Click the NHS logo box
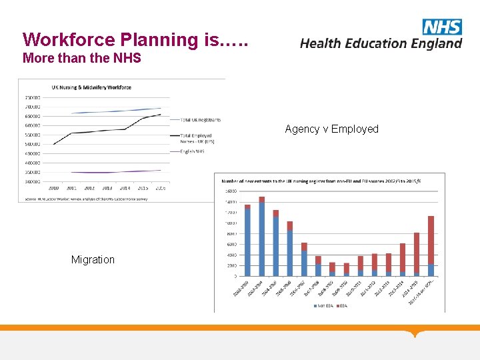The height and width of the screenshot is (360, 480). pos(442,27)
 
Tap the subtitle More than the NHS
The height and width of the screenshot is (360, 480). pos(82,58)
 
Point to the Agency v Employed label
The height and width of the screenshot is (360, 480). pos(331,129)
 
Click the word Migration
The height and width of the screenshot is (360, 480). pos(93,259)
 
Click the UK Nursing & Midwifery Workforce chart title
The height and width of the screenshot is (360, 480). pos(91,87)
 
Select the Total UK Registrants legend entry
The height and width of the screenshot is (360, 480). pos(200,120)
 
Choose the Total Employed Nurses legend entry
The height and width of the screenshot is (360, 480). pos(196,139)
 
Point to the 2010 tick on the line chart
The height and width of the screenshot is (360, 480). pos(53,188)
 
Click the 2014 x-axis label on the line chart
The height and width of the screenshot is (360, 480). pos(125,188)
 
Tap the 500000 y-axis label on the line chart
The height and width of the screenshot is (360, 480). pos(32,144)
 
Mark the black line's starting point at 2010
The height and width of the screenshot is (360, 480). pos(53,144)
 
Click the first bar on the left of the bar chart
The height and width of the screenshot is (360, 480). pos(247,240)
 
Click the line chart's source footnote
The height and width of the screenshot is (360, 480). pos(87,198)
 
